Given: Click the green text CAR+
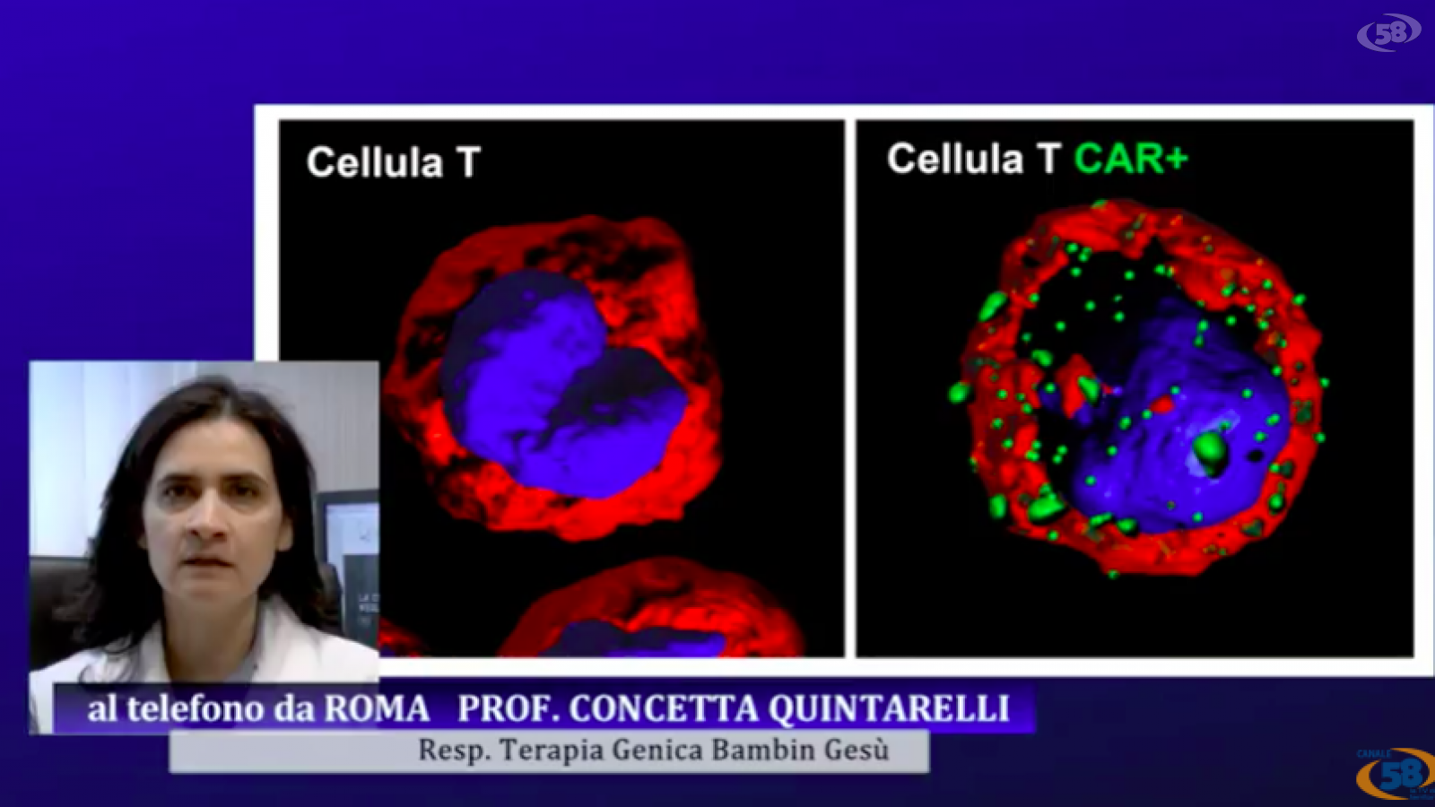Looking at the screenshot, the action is pos(1131,158).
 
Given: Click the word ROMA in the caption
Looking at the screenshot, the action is pos(376,708).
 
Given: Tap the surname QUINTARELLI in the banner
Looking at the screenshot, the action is pos(889,709).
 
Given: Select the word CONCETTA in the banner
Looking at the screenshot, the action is pos(663,708).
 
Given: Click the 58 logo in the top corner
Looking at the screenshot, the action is pos(1388,32).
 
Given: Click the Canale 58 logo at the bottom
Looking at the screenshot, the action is pos(1396,775).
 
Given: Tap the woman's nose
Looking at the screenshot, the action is pos(207,519).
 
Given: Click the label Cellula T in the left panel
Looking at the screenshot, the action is pos(394,161).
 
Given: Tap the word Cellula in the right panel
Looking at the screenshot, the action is pos(955,158).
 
